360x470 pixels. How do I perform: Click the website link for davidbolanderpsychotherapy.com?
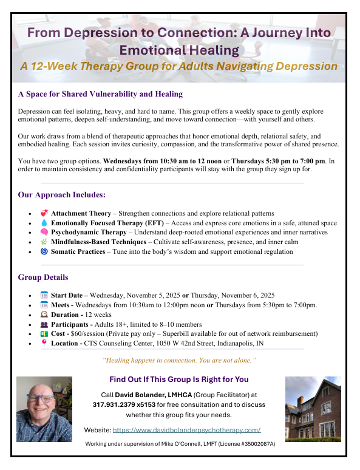(187, 430)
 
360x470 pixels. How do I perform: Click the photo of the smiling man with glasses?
(44, 409)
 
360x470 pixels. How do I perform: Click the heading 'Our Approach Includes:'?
(62, 195)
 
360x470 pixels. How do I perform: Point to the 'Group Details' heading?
(43, 278)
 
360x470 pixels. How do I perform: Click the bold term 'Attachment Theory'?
(81, 214)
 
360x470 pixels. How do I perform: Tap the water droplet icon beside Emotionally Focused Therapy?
(43, 223)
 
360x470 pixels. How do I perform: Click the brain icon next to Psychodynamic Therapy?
(43, 233)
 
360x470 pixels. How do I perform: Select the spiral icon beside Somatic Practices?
(43, 251)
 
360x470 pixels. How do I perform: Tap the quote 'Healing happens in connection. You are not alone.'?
(180, 360)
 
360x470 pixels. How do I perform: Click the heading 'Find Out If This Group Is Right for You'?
(179, 380)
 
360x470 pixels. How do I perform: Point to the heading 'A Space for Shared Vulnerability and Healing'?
(100, 94)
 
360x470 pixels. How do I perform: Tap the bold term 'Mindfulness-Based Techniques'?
(94, 242)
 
